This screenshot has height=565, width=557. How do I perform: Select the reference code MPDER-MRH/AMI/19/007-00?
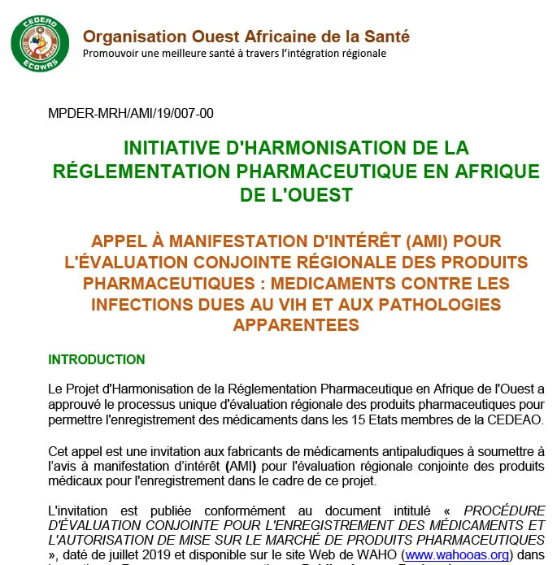point(131,113)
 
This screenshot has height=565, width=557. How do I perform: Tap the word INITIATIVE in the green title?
point(170,148)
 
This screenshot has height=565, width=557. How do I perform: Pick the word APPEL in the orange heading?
point(119,241)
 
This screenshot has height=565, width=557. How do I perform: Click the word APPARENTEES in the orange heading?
point(295,325)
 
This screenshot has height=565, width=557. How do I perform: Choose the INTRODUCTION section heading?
point(97,359)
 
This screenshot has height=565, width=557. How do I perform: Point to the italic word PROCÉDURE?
point(504,510)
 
